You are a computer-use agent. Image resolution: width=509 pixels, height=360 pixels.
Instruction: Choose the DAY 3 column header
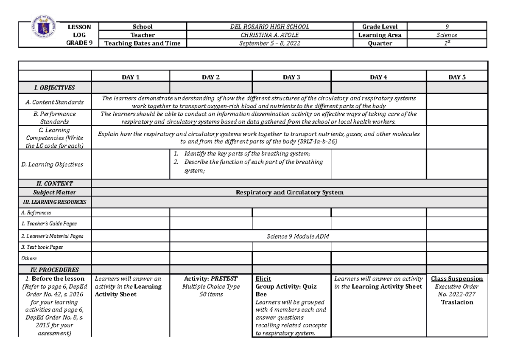click(291, 77)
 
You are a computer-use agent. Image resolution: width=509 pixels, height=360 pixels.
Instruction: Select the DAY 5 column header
click(457, 77)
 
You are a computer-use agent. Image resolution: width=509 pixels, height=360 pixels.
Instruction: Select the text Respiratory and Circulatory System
click(289, 192)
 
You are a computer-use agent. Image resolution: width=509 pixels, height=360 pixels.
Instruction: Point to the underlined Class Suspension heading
click(457, 279)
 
